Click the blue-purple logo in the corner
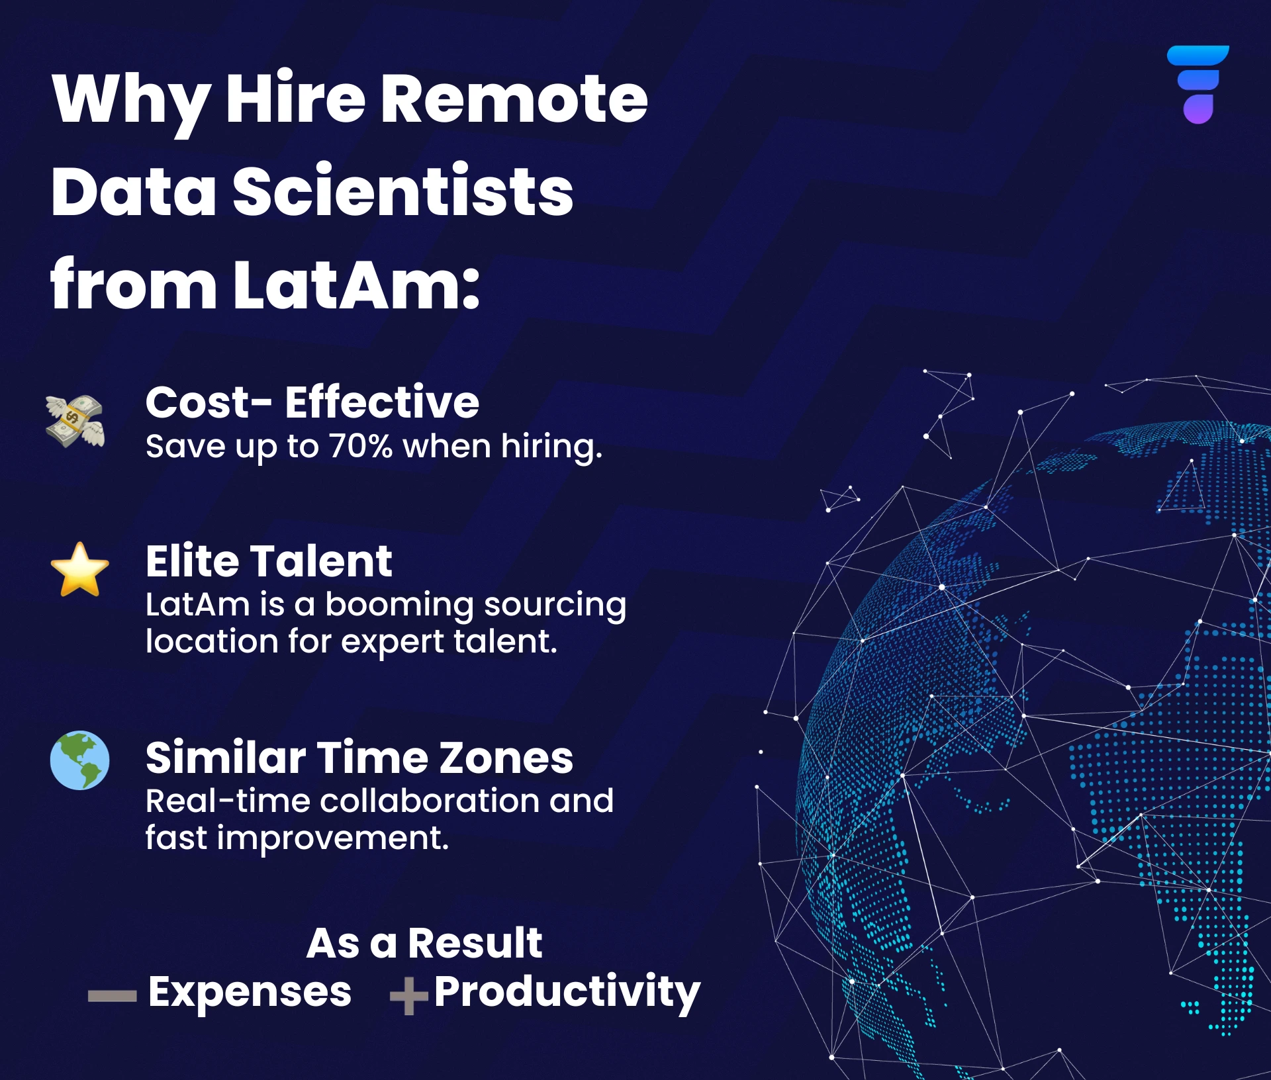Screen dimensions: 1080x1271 [x=1198, y=84]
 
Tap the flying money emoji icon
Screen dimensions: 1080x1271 [x=75, y=421]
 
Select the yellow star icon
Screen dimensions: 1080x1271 [x=79, y=570]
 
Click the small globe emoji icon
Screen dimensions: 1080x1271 [x=79, y=760]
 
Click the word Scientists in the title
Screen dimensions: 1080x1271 [x=403, y=191]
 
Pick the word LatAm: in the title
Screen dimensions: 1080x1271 [x=357, y=285]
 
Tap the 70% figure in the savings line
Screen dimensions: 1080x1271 [x=361, y=446]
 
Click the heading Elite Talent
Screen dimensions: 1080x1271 [x=269, y=561]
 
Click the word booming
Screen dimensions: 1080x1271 [x=399, y=605]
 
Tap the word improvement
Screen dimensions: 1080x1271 [x=332, y=838]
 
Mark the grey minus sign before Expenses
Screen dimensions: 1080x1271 [x=112, y=996]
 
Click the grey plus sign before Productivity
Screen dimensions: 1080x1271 [x=409, y=995]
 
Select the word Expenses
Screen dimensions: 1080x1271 [x=250, y=992]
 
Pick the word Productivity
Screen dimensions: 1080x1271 [x=567, y=992]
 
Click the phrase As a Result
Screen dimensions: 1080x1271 [x=424, y=943]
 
